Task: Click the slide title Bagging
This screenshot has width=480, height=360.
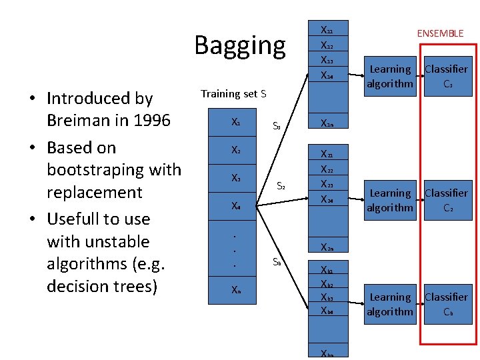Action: point(239,45)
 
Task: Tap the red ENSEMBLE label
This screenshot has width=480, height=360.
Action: point(440,33)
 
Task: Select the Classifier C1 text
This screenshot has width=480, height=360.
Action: point(446,76)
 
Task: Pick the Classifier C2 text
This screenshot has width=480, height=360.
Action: point(446,200)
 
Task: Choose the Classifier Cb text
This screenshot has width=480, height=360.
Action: point(446,304)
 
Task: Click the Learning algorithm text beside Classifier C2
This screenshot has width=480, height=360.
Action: point(390,200)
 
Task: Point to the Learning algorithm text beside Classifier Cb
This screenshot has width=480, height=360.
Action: point(390,304)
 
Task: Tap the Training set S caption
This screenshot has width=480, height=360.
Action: point(233,94)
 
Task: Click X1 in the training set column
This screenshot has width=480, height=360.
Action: point(235,123)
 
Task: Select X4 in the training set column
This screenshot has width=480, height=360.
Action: point(235,206)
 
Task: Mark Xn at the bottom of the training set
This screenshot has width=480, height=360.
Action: point(235,290)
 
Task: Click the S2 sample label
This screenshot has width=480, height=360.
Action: point(281,187)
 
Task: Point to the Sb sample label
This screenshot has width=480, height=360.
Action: point(277,262)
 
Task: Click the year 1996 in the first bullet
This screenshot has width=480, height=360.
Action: point(152,121)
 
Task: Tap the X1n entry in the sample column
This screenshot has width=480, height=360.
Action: point(327,123)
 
